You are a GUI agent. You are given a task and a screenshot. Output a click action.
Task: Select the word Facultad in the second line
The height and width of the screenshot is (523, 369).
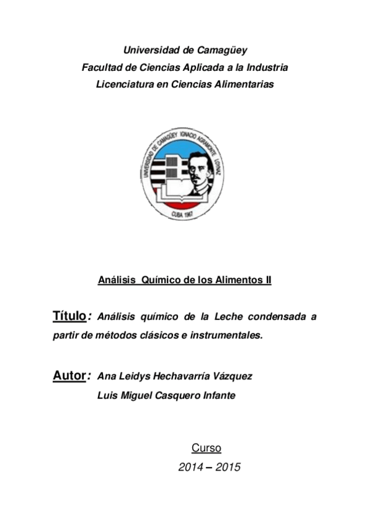pos(102,67)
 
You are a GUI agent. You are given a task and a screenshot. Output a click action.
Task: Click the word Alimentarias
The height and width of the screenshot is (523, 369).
pos(243,84)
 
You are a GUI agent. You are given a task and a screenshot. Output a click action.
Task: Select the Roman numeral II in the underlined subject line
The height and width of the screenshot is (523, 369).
pos(267,281)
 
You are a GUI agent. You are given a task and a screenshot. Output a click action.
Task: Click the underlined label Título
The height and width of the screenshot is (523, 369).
pos(68,316)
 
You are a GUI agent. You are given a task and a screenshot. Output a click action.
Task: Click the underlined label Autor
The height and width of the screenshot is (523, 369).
pos(68,376)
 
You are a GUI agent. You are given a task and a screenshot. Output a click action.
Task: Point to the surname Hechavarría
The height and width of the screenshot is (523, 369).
pos(184,376)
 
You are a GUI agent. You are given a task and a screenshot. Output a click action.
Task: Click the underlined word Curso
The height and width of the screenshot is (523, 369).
pos(206,448)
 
